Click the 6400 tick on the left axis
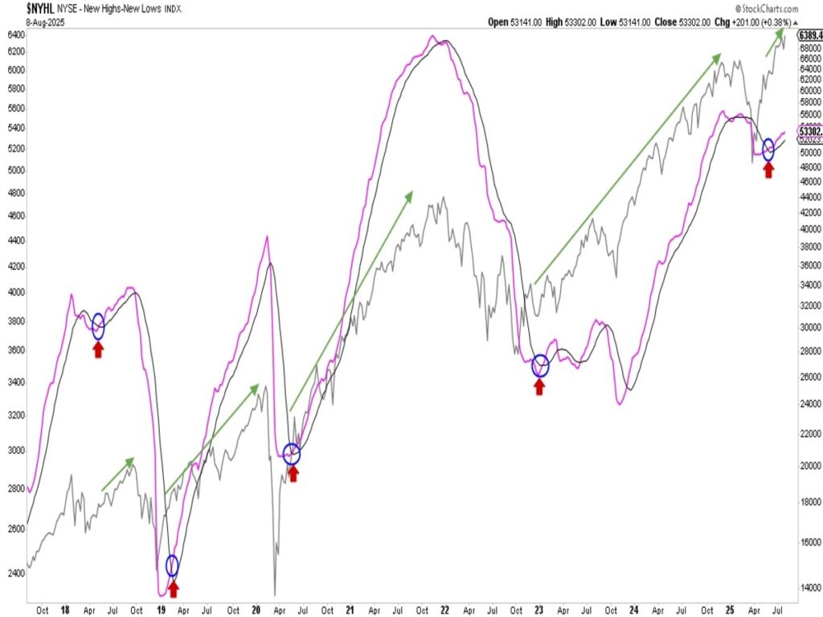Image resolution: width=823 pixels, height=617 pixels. [13, 35]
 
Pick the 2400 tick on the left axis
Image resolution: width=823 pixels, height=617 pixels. [13, 574]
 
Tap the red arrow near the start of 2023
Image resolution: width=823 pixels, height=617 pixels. [539, 386]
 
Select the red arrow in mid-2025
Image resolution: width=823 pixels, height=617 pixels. [768, 170]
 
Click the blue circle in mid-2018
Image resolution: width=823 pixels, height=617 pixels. [98, 325]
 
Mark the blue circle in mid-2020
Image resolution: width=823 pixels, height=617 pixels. [292, 454]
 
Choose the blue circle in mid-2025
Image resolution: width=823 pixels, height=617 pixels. [768, 149]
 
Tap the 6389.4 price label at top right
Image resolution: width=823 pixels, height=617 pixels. [809, 35]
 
